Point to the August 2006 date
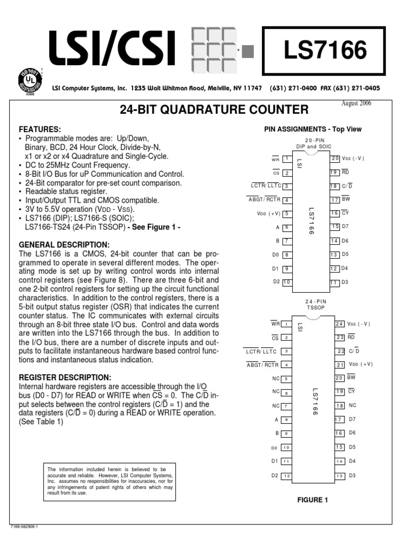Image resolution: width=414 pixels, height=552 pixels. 356,103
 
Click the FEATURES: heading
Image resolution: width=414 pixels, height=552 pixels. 40,130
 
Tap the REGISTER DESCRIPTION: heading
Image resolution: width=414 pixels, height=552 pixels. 65,377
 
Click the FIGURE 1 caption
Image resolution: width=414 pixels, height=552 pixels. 313,500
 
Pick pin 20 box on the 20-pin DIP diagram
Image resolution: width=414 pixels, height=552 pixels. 335,158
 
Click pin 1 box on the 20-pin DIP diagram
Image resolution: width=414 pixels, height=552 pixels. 287,160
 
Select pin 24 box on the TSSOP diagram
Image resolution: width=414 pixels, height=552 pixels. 339,324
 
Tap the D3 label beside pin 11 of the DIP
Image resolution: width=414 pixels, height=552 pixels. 345,281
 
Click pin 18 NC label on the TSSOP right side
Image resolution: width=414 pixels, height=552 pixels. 353,405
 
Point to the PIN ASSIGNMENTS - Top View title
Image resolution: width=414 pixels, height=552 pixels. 313,129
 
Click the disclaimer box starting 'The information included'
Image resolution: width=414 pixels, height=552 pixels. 110,481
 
